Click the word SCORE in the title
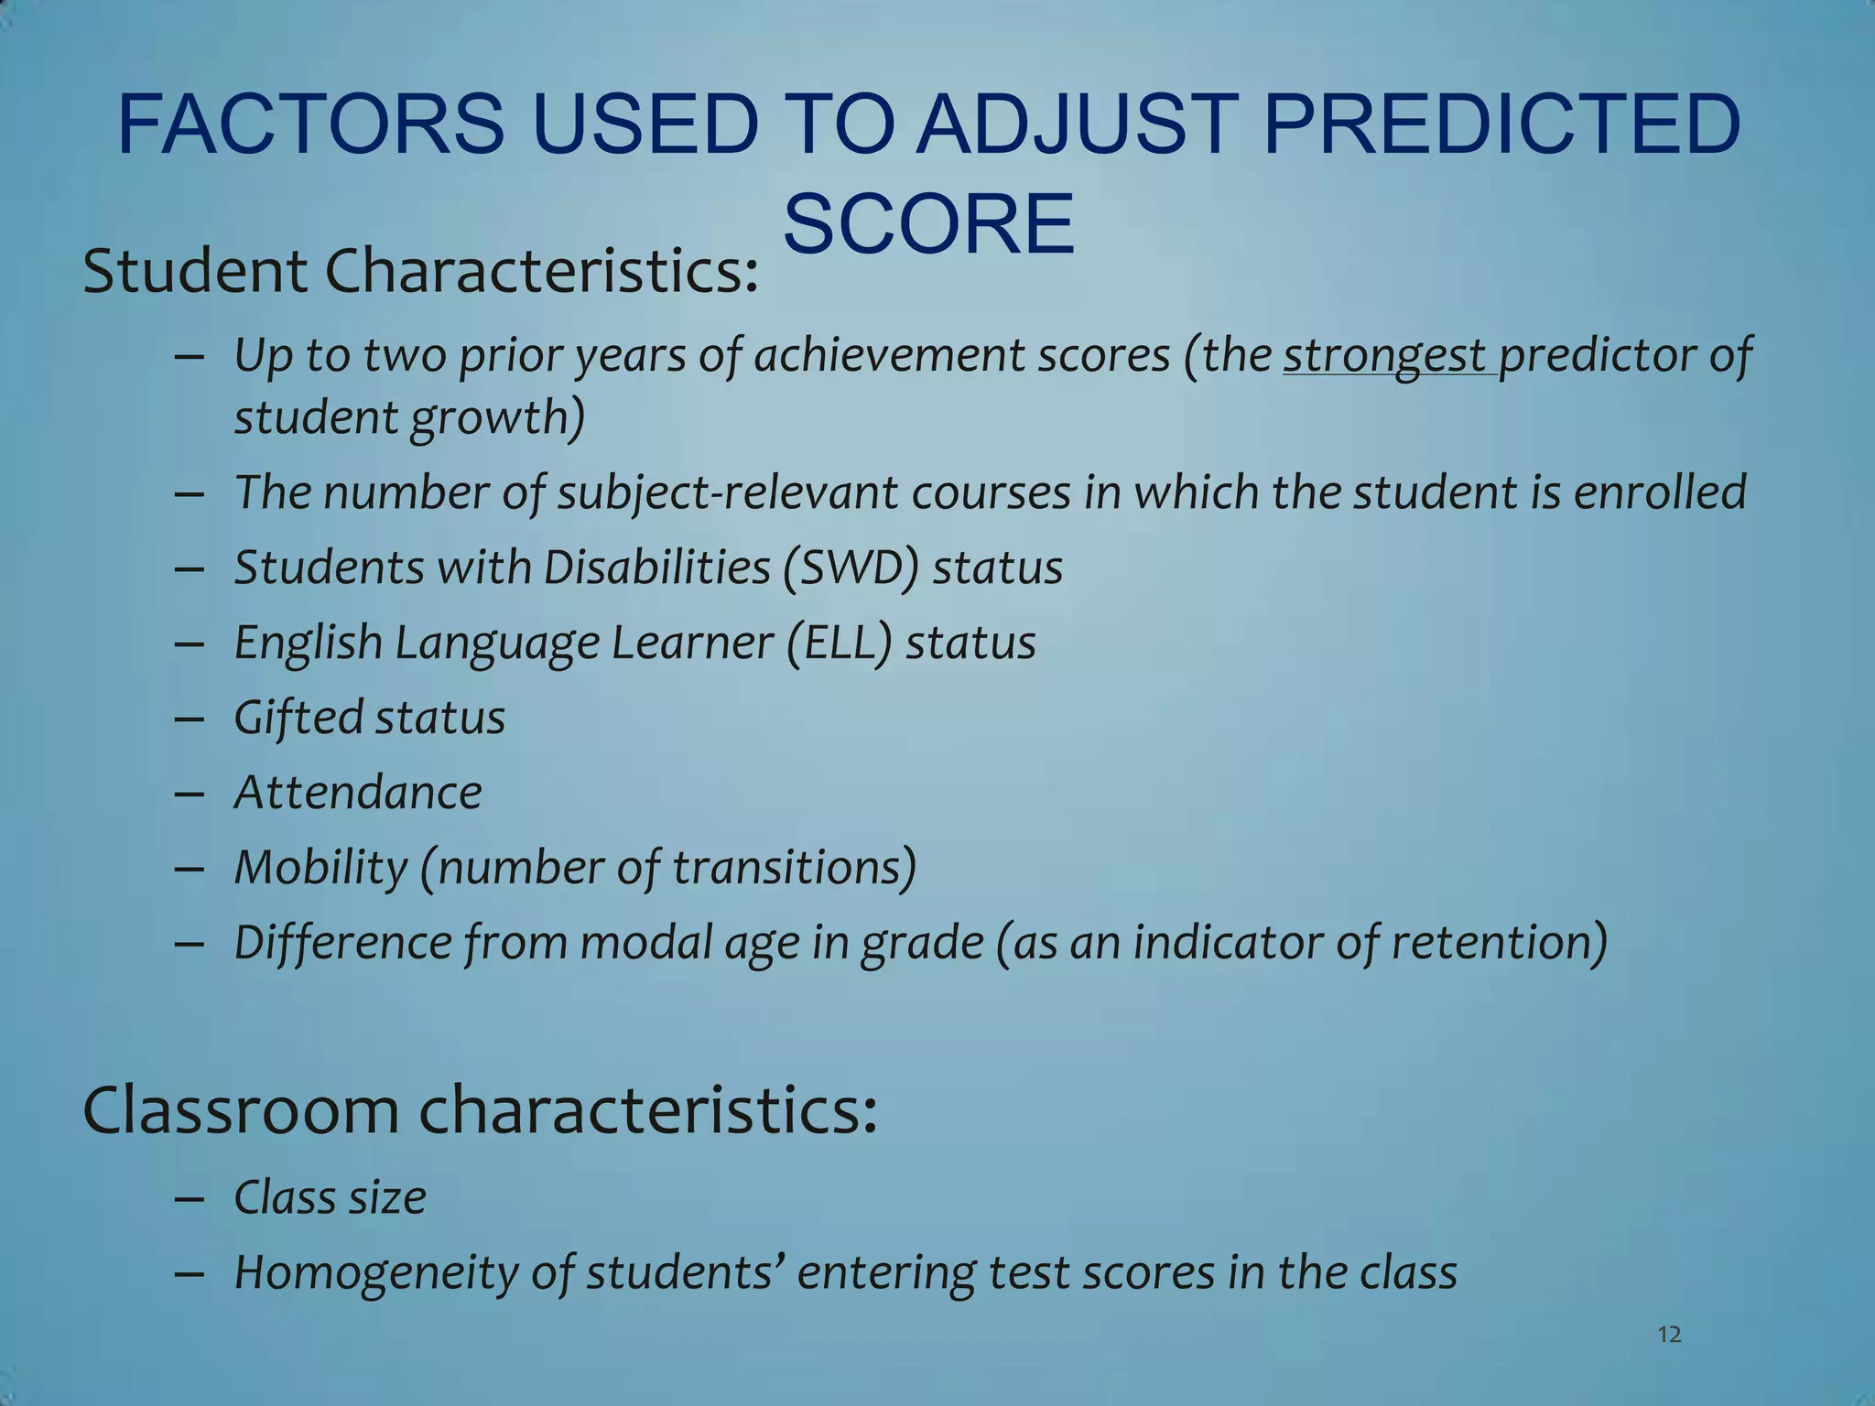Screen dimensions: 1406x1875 point(928,225)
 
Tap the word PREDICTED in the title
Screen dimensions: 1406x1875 point(1501,124)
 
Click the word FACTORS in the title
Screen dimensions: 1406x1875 point(309,124)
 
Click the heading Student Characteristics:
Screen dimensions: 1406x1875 point(420,272)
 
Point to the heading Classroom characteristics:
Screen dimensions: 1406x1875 point(480,1109)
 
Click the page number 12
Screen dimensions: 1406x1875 point(1669,1335)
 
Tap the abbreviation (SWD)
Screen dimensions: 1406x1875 point(851,568)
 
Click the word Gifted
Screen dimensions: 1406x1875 point(298,718)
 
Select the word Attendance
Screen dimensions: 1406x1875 point(358,793)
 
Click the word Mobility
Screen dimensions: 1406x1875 point(320,868)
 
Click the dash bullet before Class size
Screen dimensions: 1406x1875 point(189,1199)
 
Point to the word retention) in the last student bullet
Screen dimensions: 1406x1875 point(1499,943)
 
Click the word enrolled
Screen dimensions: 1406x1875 point(1659,492)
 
